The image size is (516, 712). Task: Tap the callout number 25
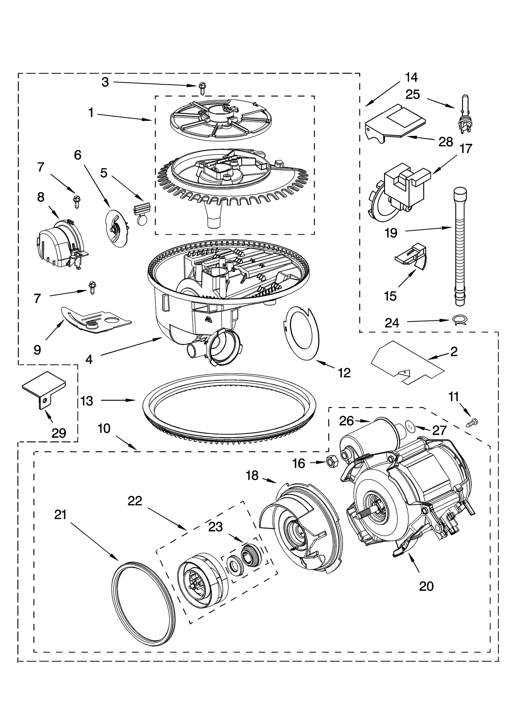point(412,94)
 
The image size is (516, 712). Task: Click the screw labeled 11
point(473,423)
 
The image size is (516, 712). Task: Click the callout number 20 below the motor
point(426,586)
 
